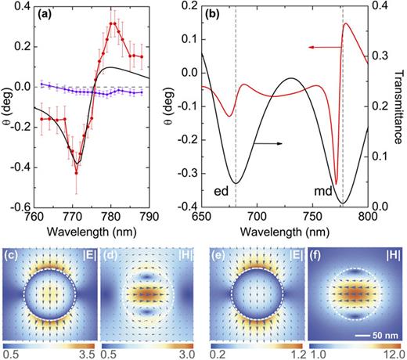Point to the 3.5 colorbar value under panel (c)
pyautogui.click(x=87, y=354)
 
